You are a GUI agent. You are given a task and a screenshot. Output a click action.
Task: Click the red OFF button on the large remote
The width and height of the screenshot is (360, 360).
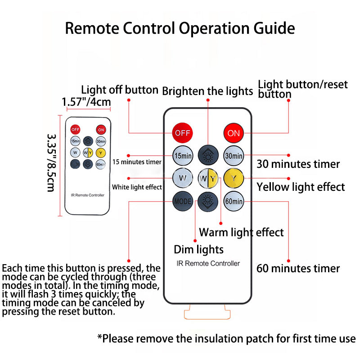coord(183,133)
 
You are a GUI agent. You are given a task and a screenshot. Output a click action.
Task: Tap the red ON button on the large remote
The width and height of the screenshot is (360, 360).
coord(234,133)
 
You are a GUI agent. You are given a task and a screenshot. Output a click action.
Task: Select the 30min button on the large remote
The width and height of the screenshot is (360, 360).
coord(234,156)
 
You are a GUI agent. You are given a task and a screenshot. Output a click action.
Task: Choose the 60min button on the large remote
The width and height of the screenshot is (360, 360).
coord(234,201)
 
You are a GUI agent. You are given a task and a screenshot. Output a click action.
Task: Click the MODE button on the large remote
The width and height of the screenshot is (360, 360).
coord(183,201)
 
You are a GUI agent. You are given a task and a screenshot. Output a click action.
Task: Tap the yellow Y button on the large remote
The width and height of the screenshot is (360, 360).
coord(234,179)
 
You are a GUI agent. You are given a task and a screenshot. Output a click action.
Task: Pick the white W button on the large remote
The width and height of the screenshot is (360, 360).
coord(183,179)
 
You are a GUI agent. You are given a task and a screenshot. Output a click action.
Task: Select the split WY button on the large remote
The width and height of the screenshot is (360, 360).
coord(208,179)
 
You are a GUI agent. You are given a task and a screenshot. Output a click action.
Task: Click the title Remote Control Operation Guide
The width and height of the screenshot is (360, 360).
coord(180,28)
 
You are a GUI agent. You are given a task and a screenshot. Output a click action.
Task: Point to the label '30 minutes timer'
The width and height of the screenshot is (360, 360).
coord(298,164)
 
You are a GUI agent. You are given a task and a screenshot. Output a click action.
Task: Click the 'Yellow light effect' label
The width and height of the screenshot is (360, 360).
coord(301,186)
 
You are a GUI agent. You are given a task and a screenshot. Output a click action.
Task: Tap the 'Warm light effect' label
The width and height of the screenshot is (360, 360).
coord(241,232)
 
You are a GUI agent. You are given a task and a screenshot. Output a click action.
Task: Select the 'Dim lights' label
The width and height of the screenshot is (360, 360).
coord(198,249)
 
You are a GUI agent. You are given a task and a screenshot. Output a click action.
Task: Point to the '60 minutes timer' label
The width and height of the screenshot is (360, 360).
coord(298,269)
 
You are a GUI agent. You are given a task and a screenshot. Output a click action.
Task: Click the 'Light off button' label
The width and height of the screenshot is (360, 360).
coord(119,90)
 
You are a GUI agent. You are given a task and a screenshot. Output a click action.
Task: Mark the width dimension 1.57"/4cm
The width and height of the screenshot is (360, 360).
coord(86,102)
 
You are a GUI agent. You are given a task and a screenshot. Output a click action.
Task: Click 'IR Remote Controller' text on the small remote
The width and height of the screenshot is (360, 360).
coord(88,195)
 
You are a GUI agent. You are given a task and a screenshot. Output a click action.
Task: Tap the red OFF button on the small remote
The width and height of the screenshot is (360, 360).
coord(75,129)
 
